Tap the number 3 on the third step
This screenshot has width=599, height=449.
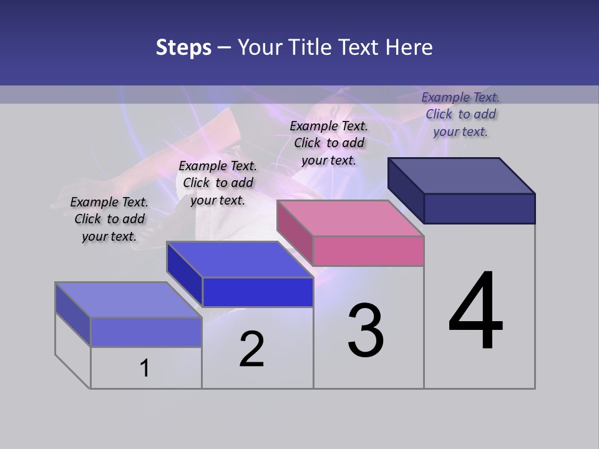pyautogui.click(x=366, y=331)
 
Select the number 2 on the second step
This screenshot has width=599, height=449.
pyautogui.click(x=252, y=349)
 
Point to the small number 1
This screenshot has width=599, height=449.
pyautogui.click(x=144, y=368)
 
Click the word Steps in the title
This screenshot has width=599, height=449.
pyautogui.click(x=183, y=47)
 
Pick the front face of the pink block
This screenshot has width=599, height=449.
pyautogui.click(x=368, y=251)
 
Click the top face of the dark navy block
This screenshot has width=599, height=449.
pyautogui.click(x=462, y=176)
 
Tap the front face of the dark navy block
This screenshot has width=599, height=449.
pyautogui.click(x=479, y=208)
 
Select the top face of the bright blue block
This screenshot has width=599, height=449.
pyautogui.click(x=240, y=259)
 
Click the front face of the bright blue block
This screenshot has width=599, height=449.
pyautogui.click(x=258, y=292)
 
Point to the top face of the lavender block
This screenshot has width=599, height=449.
pyautogui.click(x=129, y=300)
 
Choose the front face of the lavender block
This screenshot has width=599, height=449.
pyautogui.click(x=146, y=332)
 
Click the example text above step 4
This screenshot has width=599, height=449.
pyautogui.click(x=460, y=114)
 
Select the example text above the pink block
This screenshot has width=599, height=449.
pyautogui.click(x=329, y=143)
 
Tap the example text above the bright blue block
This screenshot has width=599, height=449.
pyautogui.click(x=218, y=183)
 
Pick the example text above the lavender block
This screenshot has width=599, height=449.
pyautogui.click(x=109, y=219)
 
